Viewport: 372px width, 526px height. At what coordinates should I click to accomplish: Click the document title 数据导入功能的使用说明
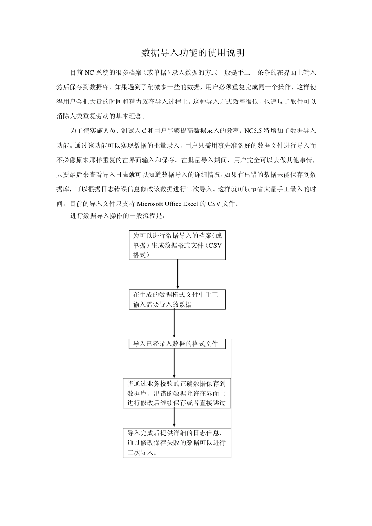[x=193, y=53]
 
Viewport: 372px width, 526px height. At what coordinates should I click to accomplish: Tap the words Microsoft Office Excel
[x=168, y=204]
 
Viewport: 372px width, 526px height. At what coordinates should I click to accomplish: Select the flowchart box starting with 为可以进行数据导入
[x=177, y=245]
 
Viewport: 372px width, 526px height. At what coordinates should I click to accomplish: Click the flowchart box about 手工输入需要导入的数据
[x=177, y=299]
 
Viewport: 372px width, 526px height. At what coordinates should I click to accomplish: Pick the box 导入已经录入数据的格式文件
[x=177, y=344]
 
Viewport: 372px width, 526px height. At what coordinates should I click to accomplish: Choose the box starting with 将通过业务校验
[x=177, y=393]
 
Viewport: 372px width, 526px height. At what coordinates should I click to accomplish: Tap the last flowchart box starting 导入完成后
[x=177, y=443]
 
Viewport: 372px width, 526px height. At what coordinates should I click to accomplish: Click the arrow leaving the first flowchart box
[x=177, y=274]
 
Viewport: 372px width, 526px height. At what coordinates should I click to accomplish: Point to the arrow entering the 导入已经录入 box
[x=174, y=324]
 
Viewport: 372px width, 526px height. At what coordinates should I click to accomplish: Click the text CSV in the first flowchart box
[x=215, y=245]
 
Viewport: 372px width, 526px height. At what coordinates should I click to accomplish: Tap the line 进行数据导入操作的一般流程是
[x=117, y=216]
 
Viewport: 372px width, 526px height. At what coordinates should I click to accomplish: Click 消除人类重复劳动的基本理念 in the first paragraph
[x=100, y=116]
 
